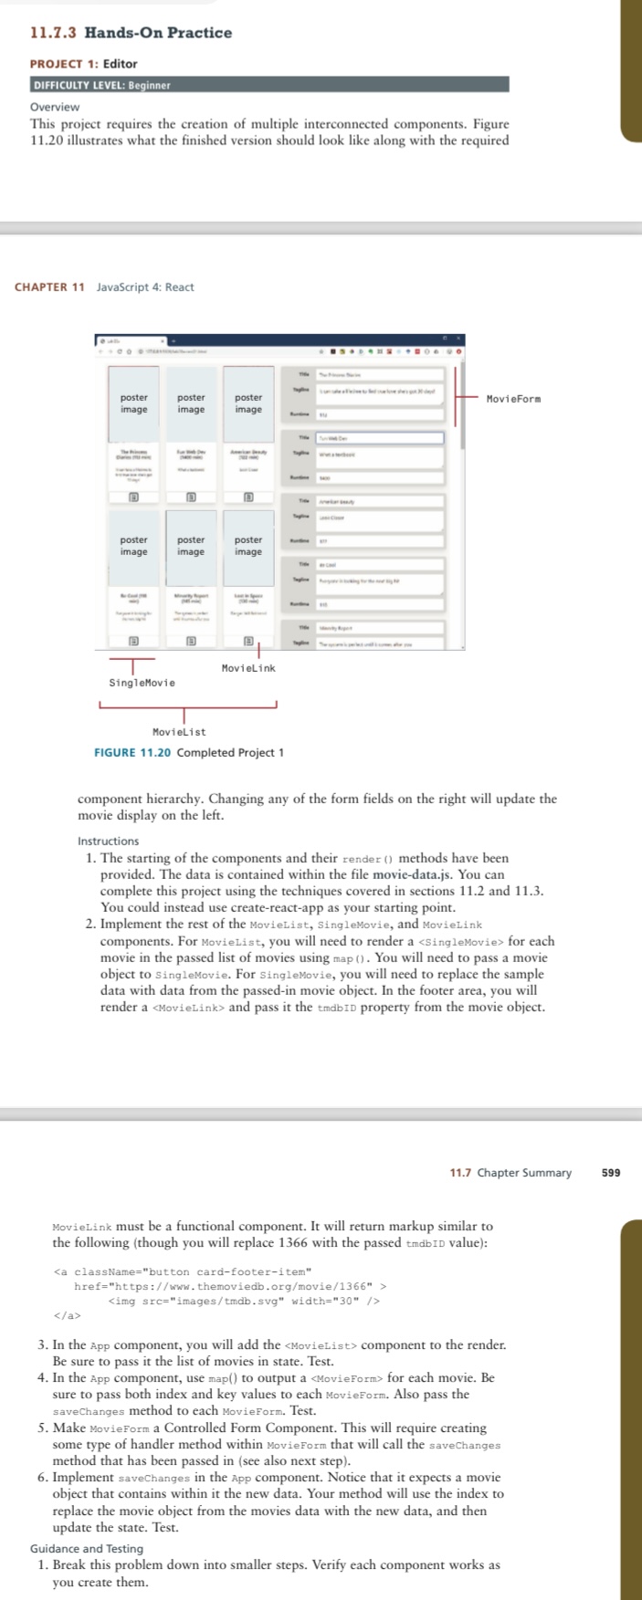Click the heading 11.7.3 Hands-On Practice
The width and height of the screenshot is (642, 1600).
click(x=131, y=33)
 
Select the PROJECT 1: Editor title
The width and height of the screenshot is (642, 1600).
click(x=83, y=64)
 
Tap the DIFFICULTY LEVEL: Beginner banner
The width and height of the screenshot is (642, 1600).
click(x=101, y=85)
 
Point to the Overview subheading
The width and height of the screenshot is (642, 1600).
click(x=55, y=107)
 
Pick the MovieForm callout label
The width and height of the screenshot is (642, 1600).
click(x=513, y=399)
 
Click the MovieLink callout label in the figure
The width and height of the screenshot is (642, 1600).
click(x=248, y=668)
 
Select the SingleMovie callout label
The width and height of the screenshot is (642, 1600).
click(x=142, y=683)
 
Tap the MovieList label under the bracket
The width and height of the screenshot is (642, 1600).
click(x=179, y=732)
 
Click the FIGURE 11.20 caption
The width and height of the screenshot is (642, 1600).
click(x=189, y=753)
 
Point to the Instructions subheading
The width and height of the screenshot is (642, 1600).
click(x=109, y=841)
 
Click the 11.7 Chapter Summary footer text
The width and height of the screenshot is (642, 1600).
click(x=510, y=1173)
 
